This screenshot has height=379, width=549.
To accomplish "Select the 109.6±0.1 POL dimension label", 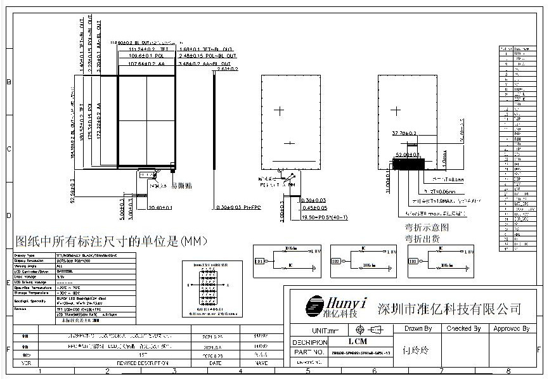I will pos(138,56).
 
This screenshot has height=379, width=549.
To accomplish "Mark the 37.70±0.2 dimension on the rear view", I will pos(404,134).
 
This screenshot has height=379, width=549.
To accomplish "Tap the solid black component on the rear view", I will pos(408,164).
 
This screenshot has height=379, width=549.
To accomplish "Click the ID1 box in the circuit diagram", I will pos(259,261).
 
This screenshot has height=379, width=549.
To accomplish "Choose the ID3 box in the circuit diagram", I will pos(413,261).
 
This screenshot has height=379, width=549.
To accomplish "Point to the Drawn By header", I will pos(418,329).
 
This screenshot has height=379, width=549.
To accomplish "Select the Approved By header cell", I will pos(511,329).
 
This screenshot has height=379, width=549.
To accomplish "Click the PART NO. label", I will pos(309,352).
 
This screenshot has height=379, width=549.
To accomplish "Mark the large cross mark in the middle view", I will pos(279,111).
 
